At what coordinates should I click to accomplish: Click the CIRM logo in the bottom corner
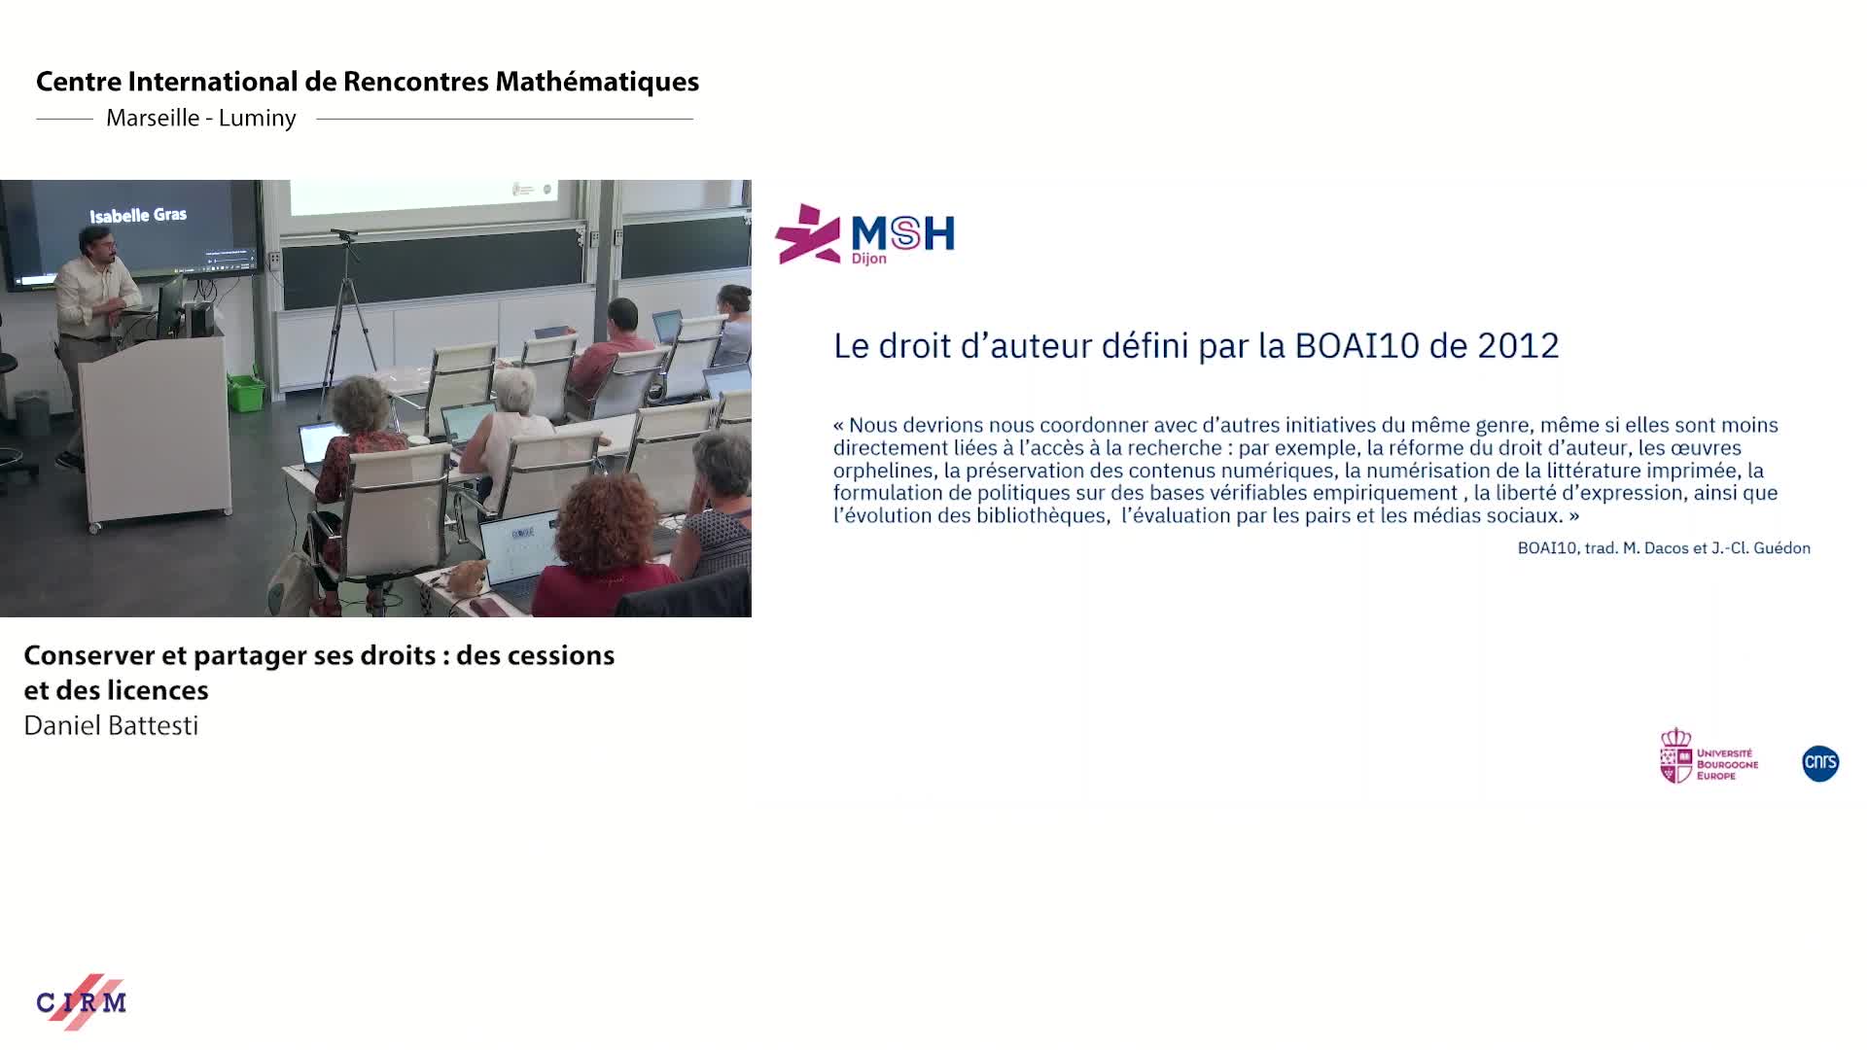[82, 1001]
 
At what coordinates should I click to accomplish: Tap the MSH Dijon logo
[864, 234]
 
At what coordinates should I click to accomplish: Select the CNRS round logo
[1819, 763]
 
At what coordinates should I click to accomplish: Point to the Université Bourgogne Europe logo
[1708, 756]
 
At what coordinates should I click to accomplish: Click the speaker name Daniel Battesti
[111, 726]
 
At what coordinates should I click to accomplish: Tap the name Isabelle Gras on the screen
[138, 215]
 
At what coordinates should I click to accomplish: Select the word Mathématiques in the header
[596, 82]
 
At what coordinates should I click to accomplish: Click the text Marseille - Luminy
[200, 119]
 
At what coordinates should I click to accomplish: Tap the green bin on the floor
[246, 392]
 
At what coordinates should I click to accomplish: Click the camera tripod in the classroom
[346, 321]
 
